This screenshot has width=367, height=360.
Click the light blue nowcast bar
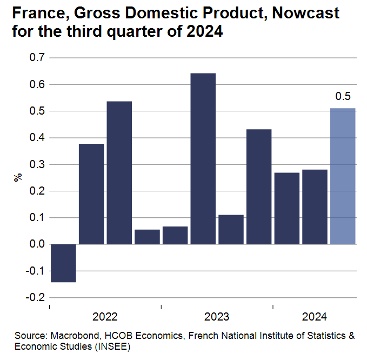point(343,176)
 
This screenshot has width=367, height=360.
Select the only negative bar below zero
point(63,263)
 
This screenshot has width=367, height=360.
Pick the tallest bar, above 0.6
point(203,158)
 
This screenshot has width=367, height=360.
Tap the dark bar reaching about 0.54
point(119,172)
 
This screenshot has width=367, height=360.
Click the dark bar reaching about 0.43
point(259,186)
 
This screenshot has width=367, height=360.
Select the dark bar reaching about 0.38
point(91,194)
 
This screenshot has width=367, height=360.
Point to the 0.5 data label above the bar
point(343,97)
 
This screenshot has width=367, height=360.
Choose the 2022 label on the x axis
point(105,317)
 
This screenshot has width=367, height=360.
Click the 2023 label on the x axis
point(217,317)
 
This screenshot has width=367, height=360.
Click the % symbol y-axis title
point(17,177)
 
